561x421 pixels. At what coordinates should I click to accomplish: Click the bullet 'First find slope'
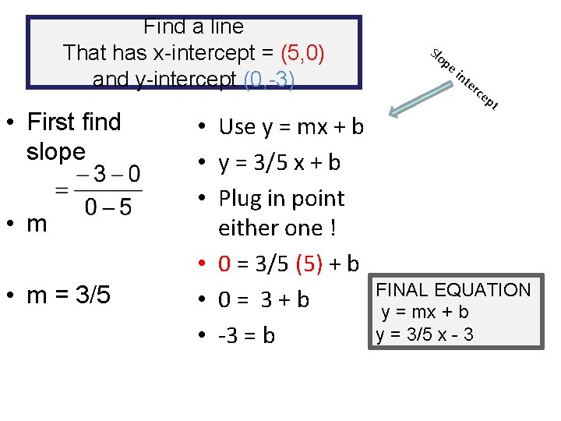point(74,136)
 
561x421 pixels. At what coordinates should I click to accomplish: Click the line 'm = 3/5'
point(68,295)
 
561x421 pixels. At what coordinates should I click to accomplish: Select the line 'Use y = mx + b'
point(291,126)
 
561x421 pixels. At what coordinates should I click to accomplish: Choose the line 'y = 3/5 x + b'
point(279,163)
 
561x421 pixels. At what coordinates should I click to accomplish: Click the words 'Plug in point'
point(281,198)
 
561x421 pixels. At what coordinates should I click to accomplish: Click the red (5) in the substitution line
point(309,265)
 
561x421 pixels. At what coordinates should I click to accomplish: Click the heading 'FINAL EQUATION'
point(464,291)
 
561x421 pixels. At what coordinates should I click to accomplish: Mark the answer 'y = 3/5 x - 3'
point(424,334)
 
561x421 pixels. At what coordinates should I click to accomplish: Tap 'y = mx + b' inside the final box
point(425,313)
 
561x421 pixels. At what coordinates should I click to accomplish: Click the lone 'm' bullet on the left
point(37,225)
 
